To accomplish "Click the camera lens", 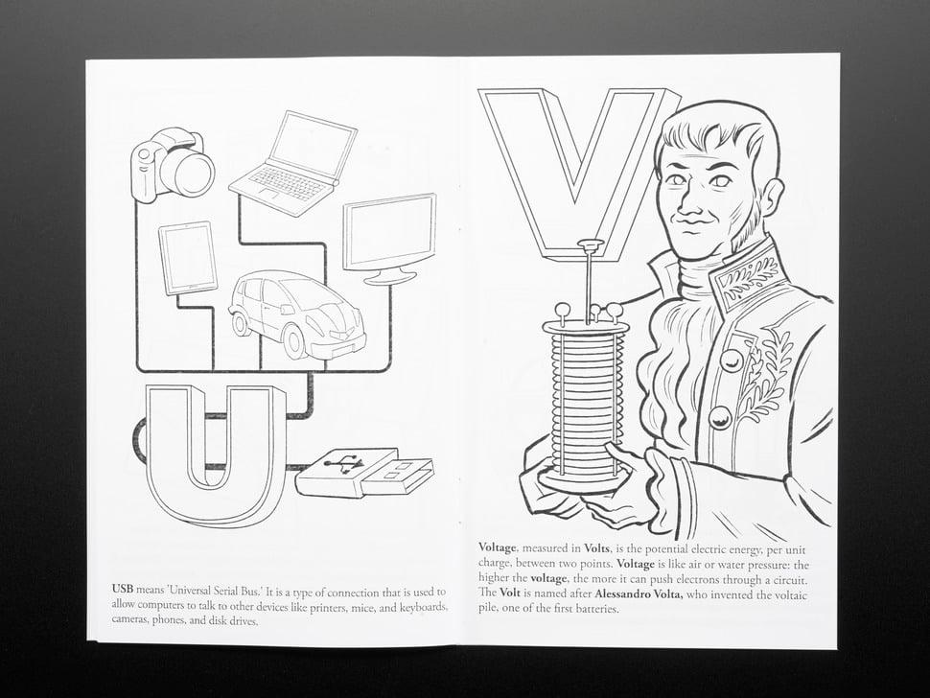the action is (187, 172).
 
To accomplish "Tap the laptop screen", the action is (312, 144).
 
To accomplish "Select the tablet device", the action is (187, 258).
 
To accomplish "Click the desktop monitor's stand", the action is (389, 274).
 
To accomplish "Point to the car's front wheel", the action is (294, 343).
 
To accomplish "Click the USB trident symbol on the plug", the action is (344, 463).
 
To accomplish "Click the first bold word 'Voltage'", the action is (497, 547).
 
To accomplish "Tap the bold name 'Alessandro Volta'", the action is (639, 594).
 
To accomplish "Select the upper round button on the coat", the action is (731, 360).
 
